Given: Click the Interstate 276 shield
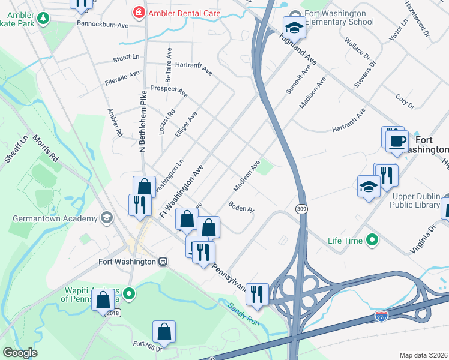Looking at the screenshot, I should pos(381,314).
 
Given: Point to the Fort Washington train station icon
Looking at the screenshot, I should pos(163,262).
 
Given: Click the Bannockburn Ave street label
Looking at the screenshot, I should pos(103,25).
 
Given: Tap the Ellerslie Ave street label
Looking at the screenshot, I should pos(122,77).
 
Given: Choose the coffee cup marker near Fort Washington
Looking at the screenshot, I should pos(397,142).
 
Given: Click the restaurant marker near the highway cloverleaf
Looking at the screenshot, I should pos(257,295).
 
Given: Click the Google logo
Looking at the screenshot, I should pos(20,353).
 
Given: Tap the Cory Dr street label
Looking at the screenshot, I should pos(405,100).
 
